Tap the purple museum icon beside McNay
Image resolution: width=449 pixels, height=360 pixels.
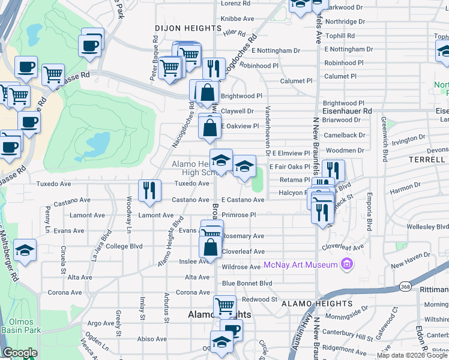click(x=346, y=264)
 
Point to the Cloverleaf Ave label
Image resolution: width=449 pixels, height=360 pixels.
click(x=243, y=251)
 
